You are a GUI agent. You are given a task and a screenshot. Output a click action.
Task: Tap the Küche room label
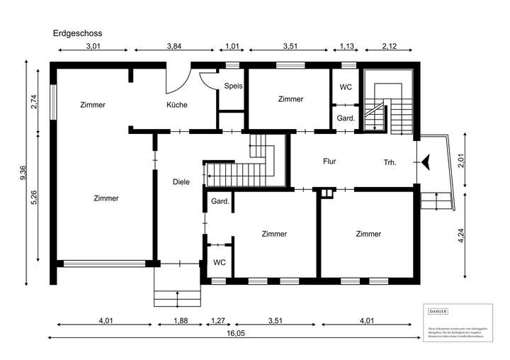[176, 105]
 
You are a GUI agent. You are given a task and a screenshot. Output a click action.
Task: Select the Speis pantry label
[233, 86]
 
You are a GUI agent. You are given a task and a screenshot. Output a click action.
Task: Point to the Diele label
[181, 182]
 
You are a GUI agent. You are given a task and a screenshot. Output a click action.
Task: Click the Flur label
[329, 162]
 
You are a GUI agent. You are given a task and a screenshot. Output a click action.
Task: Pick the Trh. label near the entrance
[390, 162]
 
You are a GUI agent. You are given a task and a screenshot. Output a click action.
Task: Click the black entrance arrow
[426, 162]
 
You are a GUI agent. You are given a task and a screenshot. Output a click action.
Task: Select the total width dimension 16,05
[236, 332]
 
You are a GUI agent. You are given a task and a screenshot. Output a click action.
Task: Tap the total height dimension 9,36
[23, 174]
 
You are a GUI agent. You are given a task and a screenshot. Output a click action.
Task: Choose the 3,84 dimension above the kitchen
[174, 47]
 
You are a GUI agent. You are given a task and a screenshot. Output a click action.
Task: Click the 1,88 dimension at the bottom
[181, 321]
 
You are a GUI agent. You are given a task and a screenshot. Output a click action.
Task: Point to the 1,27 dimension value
[217, 321]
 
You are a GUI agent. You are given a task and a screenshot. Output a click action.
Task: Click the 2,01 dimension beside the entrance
[461, 160]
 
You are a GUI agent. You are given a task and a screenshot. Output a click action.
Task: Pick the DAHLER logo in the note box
[438, 311]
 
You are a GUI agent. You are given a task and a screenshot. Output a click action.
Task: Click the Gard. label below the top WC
[346, 118]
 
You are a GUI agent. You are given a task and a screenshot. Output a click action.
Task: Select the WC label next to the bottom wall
[220, 262]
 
